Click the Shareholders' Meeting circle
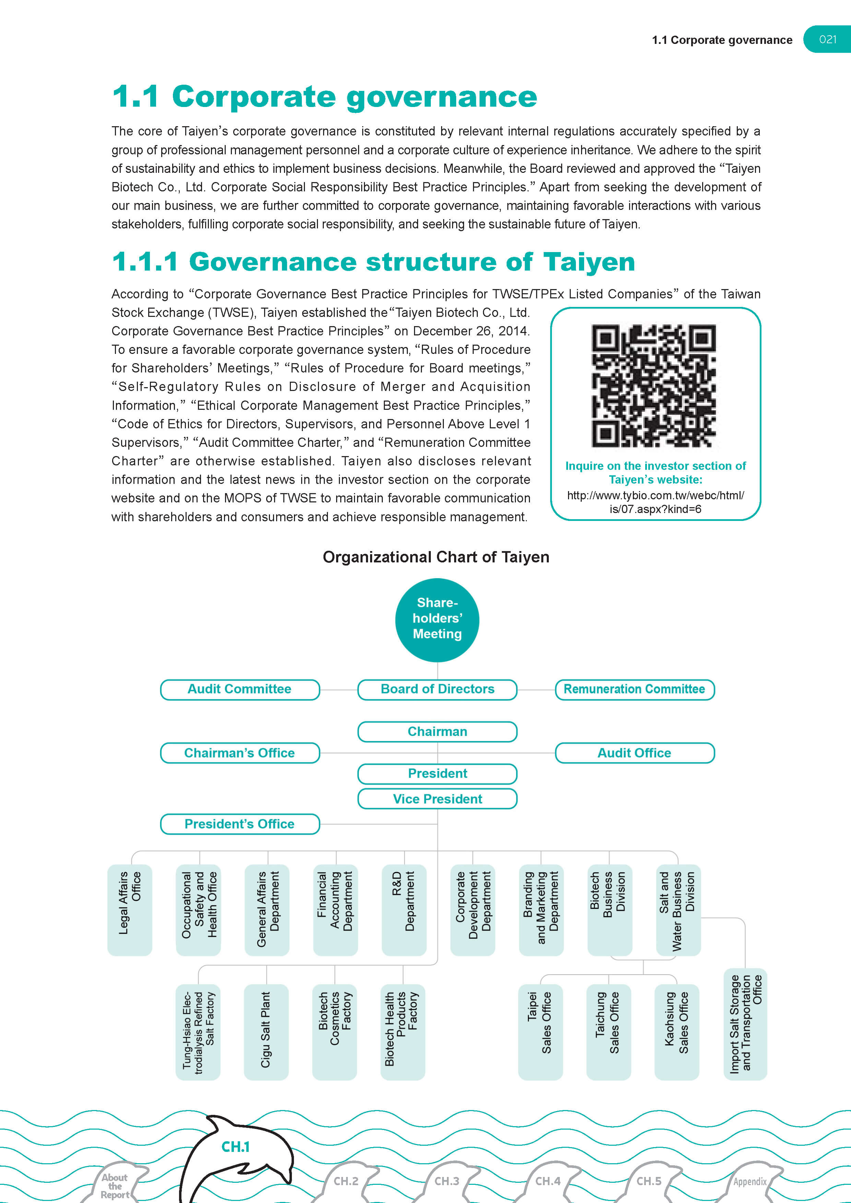437,619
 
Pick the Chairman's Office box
239,753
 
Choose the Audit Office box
634,753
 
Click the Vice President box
437,799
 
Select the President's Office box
239,824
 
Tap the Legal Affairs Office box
129,909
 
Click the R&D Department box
403,909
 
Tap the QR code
654,386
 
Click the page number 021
827,39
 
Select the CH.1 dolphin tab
236,1147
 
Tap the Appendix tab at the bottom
750,1181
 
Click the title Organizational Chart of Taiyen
436,557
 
